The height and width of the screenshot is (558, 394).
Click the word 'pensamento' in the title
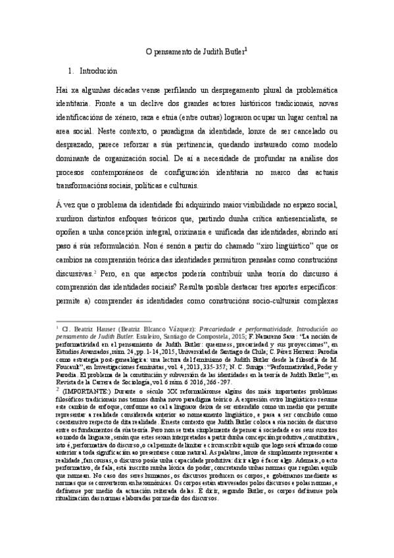click(x=172, y=51)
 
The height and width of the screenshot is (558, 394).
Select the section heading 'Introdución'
click(x=98, y=70)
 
